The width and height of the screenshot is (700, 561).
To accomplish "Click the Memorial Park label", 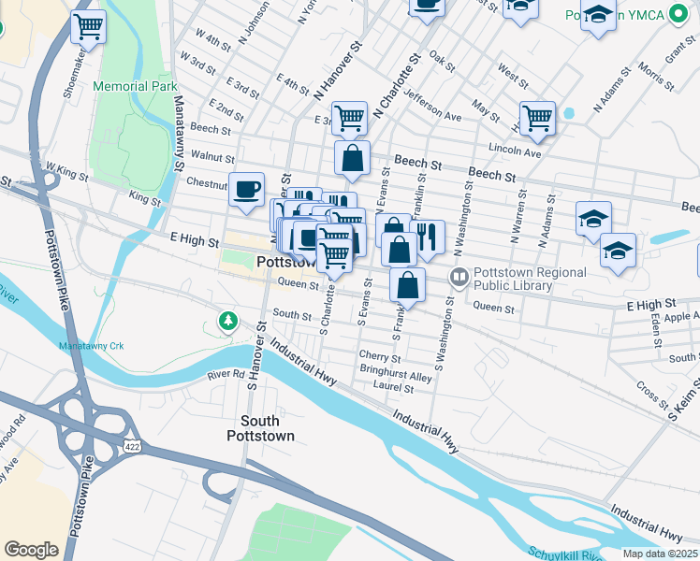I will pyautogui.click(x=135, y=86).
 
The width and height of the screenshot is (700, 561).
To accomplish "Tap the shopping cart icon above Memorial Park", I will pyautogui.click(x=88, y=27).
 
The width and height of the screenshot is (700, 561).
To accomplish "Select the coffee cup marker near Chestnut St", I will pyautogui.click(x=247, y=190).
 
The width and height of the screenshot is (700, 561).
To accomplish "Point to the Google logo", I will pyautogui.click(x=31, y=550).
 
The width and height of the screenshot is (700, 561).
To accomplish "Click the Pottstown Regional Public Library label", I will pyautogui.click(x=530, y=279).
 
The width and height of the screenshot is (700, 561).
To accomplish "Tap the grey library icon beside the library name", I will pyautogui.click(x=459, y=276).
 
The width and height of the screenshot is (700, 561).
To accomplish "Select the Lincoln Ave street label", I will pyautogui.click(x=515, y=151).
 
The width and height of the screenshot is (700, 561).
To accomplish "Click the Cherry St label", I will pyautogui.click(x=380, y=357).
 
